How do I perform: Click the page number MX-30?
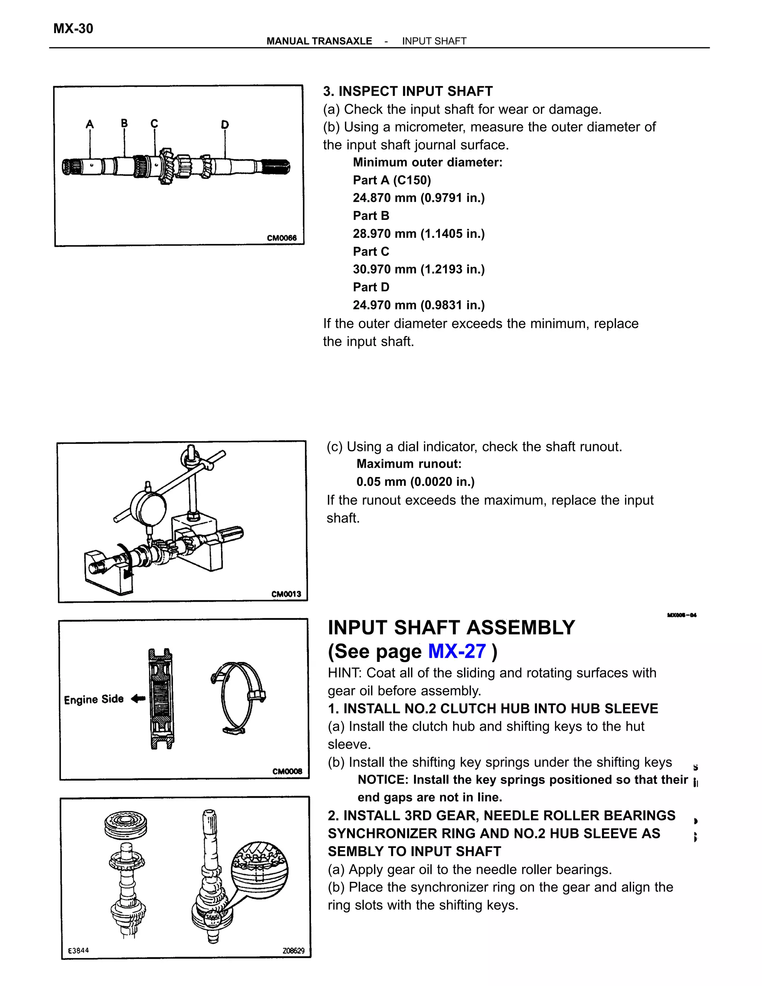pos(73,28)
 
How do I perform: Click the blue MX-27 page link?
pos(457,652)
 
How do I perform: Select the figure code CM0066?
pos(282,238)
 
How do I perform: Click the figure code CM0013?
pos(286,594)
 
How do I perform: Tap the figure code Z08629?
pos(294,950)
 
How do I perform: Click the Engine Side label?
pos(93,700)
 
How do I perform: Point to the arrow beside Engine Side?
pos(138,699)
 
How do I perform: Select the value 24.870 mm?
pos(384,198)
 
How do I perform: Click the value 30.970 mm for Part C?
pos(384,269)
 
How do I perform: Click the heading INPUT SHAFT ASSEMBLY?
pos(451,628)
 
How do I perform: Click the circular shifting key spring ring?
pos(239,696)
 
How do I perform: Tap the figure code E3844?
pos(79,950)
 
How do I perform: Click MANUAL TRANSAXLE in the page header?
pos(319,41)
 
